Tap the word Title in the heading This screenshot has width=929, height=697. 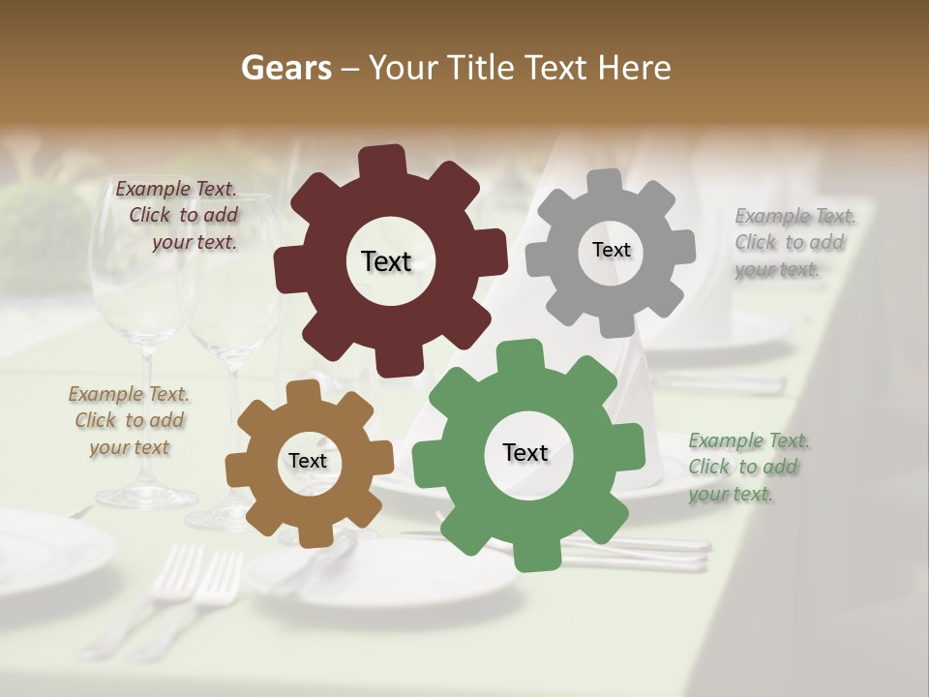[x=483, y=68]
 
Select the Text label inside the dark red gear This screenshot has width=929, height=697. [x=386, y=261]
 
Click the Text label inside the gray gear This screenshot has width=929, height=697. [x=611, y=250]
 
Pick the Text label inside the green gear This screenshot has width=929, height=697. [x=525, y=452]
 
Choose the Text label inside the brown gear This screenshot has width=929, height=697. [x=308, y=461]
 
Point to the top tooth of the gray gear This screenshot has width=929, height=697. [x=606, y=183]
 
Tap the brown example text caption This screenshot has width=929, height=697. [x=130, y=420]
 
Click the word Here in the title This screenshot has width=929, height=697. [x=635, y=68]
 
